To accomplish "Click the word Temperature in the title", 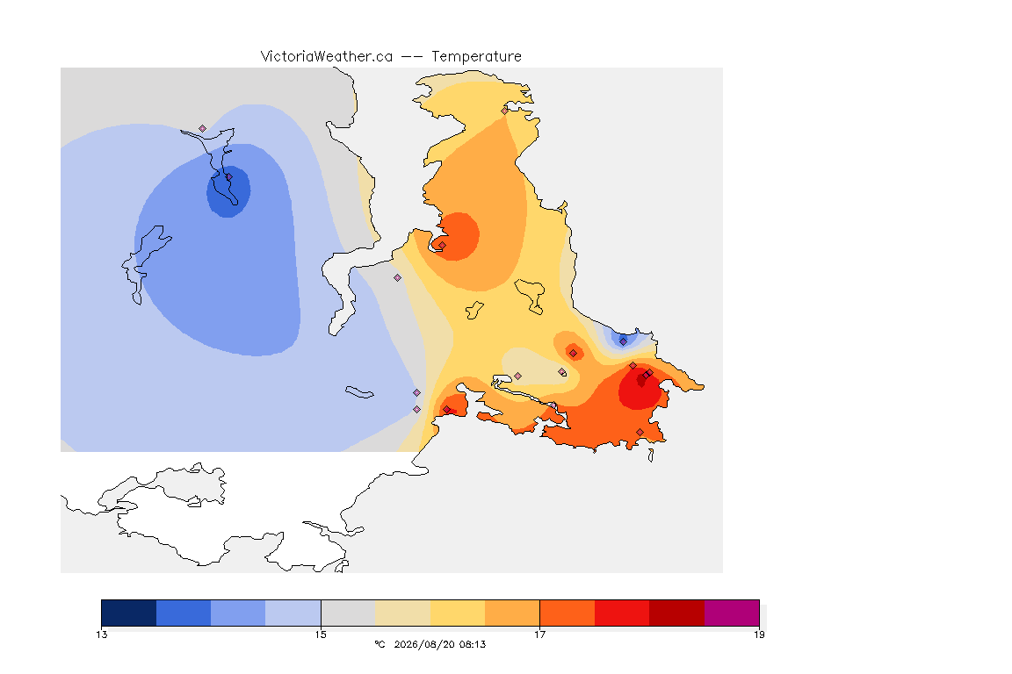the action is (x=476, y=57).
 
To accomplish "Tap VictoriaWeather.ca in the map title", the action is (x=327, y=57).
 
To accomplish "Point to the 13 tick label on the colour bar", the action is (x=102, y=635).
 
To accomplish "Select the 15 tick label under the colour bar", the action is (x=321, y=635).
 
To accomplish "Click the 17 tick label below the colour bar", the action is (x=539, y=635).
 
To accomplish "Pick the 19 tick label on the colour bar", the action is (x=759, y=635).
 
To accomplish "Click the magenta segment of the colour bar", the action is (x=732, y=613).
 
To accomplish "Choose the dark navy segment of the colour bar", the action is (x=129, y=613).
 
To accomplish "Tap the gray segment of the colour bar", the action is (x=348, y=613).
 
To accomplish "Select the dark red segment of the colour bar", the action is (x=677, y=613).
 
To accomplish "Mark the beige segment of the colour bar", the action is (x=402, y=613).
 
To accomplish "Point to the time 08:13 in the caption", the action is (x=473, y=644).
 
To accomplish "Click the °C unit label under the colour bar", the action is (x=379, y=644).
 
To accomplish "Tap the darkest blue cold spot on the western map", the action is (x=228, y=191).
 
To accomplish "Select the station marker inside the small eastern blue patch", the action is (x=623, y=341).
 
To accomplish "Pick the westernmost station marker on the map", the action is (x=203, y=129).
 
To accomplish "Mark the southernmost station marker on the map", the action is (x=640, y=432).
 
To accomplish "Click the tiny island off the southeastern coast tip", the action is (x=651, y=455).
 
